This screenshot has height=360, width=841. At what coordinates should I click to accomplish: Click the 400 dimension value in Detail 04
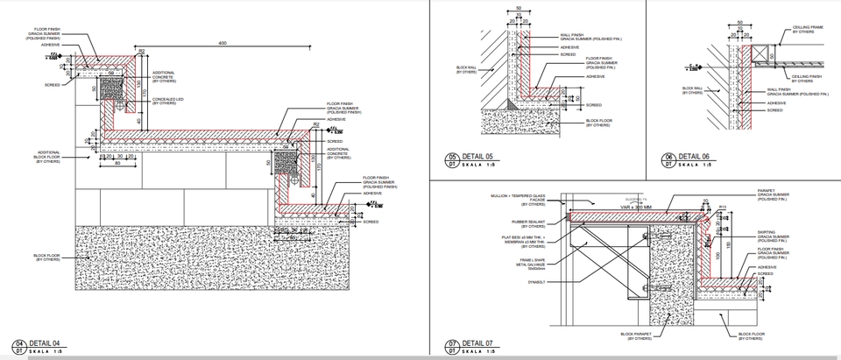(222, 43)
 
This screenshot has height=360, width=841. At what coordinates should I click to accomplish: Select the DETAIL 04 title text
(44, 342)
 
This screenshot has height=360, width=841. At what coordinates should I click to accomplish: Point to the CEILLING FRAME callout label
(809, 30)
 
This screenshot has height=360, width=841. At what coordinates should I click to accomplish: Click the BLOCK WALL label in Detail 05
(467, 69)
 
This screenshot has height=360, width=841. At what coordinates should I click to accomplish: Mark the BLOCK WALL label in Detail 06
(692, 89)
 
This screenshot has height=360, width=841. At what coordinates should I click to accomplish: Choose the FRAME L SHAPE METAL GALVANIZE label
(532, 264)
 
